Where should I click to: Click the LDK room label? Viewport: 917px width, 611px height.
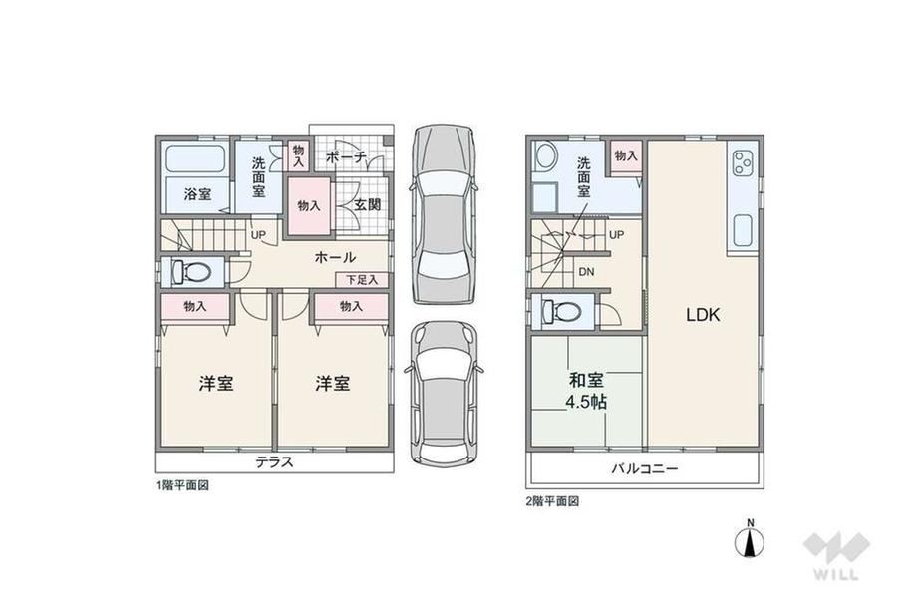click(703, 315)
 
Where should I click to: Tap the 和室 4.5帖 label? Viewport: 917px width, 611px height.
click(586, 391)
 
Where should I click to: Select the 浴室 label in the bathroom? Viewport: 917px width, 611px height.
click(197, 194)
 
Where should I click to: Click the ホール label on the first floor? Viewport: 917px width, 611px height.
click(335, 257)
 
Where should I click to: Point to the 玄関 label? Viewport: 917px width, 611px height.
click(368, 204)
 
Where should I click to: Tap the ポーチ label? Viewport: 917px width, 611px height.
click(346, 156)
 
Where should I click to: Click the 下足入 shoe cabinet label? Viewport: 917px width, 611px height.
click(362, 280)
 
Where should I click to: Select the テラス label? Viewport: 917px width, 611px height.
click(274, 461)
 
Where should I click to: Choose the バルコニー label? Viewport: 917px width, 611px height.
click(645, 468)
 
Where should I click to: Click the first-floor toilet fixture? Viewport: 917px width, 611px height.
click(191, 272)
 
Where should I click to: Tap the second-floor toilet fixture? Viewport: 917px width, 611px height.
click(561, 311)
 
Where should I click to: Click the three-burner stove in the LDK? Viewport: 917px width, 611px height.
click(743, 163)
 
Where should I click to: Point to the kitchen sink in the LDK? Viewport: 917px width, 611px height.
click(743, 230)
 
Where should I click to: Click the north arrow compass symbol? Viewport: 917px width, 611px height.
click(750, 539)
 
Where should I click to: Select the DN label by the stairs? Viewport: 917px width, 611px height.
click(586, 272)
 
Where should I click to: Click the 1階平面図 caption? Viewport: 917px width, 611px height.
click(181, 485)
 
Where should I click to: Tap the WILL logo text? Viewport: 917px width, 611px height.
click(836, 574)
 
